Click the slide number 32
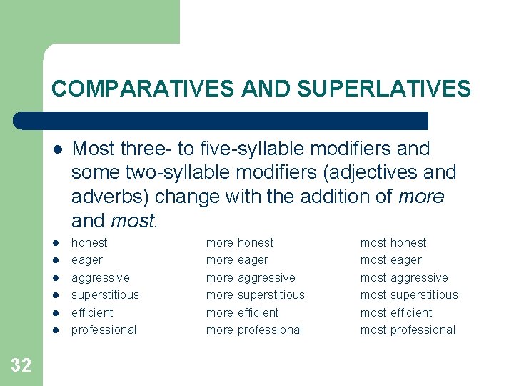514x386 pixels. click(x=21, y=365)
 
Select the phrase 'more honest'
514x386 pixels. click(x=240, y=242)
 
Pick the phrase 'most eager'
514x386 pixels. click(x=390, y=260)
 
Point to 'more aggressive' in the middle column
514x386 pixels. click(x=251, y=277)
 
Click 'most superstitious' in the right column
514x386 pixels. click(x=409, y=295)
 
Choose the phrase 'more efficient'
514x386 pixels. click(x=242, y=312)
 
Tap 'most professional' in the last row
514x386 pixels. click(x=408, y=330)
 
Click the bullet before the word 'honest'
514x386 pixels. click(x=56, y=243)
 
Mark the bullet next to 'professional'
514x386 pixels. click(x=56, y=330)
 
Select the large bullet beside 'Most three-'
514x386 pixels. click(x=56, y=149)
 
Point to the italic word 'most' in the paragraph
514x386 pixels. click(x=132, y=219)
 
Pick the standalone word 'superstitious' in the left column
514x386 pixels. click(x=105, y=295)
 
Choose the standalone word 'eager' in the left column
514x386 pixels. click(x=87, y=260)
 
